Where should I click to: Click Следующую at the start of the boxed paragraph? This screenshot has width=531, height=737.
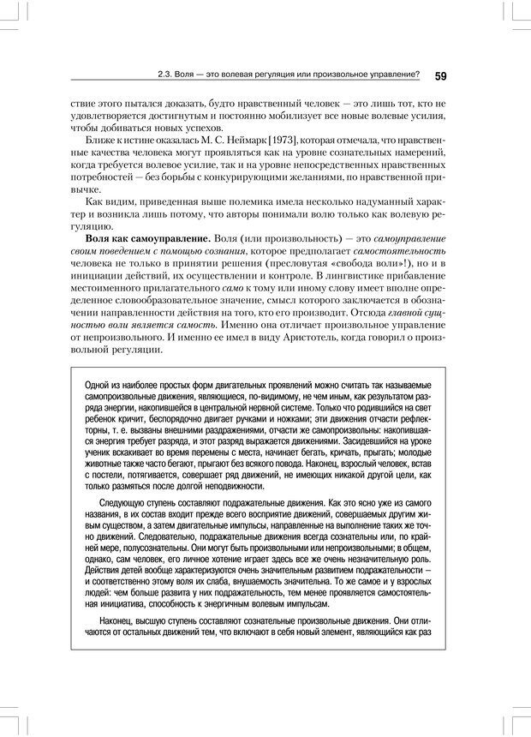[x=124, y=506]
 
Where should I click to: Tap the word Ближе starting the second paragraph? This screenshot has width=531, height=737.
[x=102, y=140]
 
